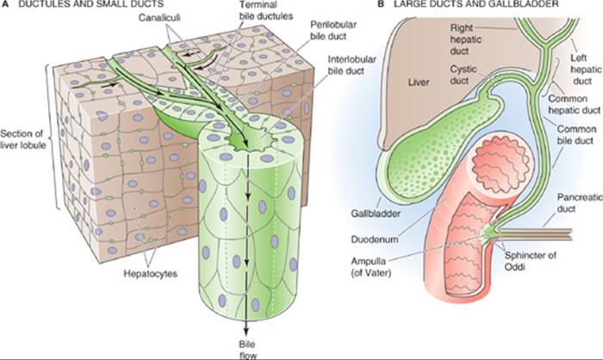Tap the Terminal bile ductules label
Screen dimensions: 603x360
click(x=265, y=11)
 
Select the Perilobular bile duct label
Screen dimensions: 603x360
click(x=333, y=30)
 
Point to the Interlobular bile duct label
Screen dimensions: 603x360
click(x=351, y=65)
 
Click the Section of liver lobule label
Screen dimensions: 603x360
click(x=22, y=140)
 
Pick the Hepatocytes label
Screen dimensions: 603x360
click(x=151, y=274)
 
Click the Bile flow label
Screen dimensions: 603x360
click(x=247, y=349)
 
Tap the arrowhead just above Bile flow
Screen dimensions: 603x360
click(x=246, y=332)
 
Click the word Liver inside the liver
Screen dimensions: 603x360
click(x=419, y=82)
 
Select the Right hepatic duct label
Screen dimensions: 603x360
click(x=465, y=40)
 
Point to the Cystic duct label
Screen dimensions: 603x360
click(x=463, y=75)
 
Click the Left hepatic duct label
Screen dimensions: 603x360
click(x=585, y=69)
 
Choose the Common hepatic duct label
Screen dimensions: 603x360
click(x=574, y=104)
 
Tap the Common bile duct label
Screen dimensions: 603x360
click(x=576, y=134)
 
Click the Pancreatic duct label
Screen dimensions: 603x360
click(x=580, y=202)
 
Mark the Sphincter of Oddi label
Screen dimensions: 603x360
click(x=530, y=260)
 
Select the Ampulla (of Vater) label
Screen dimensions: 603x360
click(x=370, y=267)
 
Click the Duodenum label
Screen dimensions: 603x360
click(x=375, y=239)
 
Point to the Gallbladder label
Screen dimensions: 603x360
click(x=376, y=213)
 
